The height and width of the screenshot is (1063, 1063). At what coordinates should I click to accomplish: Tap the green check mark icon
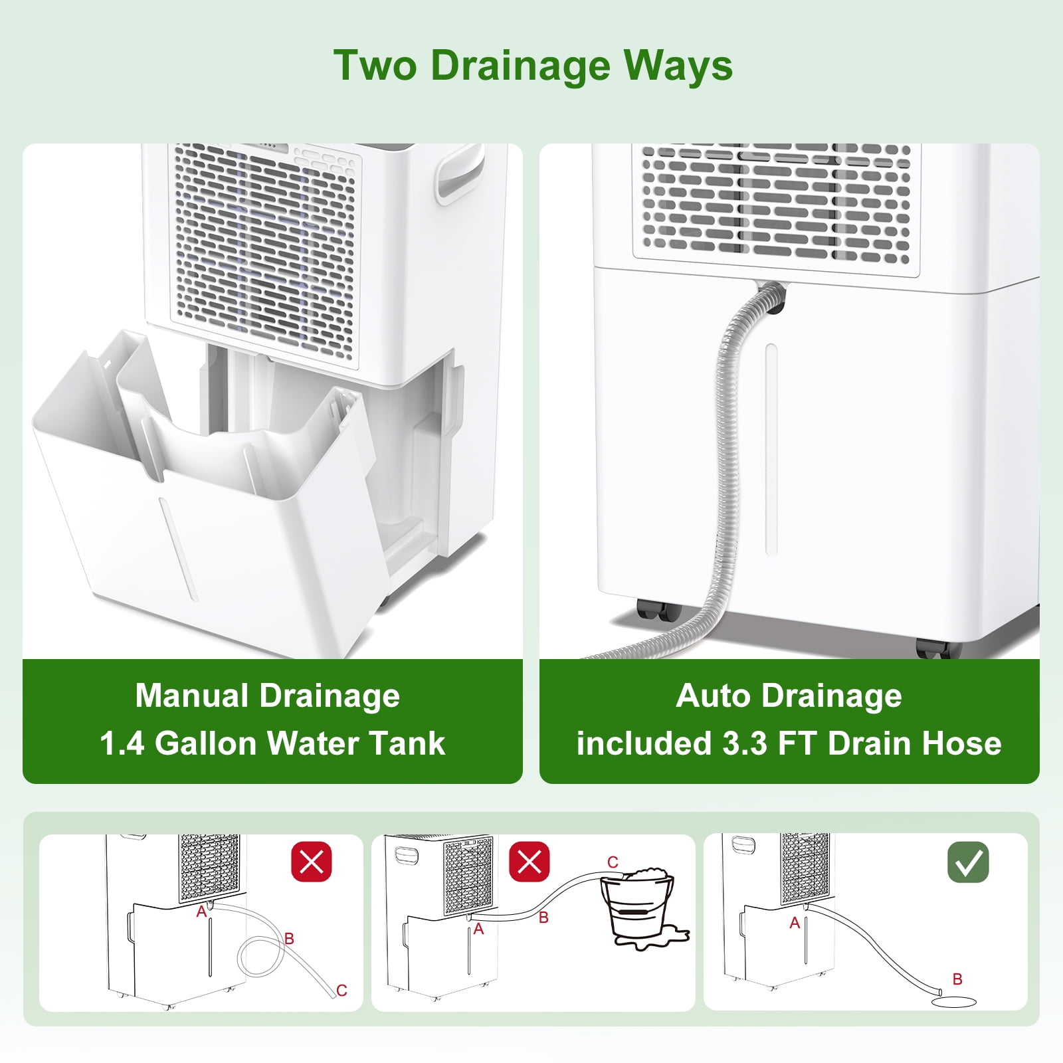tap(968, 862)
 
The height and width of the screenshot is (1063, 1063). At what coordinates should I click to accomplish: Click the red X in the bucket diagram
tap(530, 862)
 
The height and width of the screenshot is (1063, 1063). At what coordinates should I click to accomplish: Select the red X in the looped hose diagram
tap(312, 862)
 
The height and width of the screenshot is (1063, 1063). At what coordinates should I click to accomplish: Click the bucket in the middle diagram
tap(636, 907)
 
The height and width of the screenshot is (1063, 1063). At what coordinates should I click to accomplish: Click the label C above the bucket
tap(613, 862)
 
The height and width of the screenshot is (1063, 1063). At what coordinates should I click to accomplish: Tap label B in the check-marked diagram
tap(957, 979)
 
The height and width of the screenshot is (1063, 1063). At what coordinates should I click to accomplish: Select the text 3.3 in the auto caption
tap(744, 743)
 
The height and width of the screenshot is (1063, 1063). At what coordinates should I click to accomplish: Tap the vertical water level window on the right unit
tap(771, 448)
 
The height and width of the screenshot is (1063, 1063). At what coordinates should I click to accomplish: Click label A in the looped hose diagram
tap(201, 912)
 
